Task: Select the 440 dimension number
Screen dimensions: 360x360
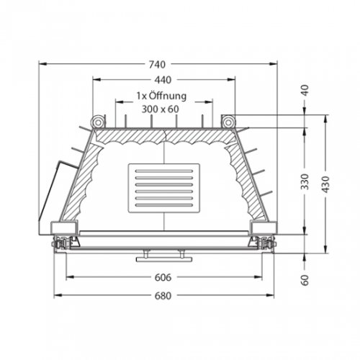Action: point(162,80)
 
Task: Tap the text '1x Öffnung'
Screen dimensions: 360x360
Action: point(162,95)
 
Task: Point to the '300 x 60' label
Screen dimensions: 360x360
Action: point(160,109)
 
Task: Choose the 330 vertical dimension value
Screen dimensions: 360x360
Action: point(305,181)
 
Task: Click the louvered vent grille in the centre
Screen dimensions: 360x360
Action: point(165,189)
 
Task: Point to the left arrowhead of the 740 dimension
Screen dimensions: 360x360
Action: point(42,64)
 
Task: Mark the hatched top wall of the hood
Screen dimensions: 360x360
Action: point(164,135)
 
